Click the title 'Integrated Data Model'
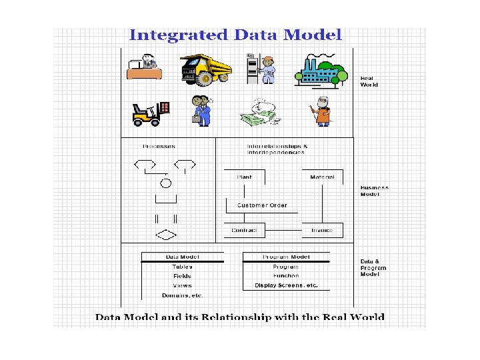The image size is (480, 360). click(235, 36)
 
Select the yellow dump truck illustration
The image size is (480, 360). click(205, 69)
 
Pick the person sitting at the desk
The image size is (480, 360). click(145, 67)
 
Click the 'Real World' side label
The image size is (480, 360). click(370, 82)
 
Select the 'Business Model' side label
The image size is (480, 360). click(374, 191)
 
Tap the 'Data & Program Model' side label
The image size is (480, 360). click(374, 267)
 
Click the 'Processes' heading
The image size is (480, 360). click(159, 146)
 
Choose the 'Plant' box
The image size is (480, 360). click(243, 177)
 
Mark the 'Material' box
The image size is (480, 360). click(322, 177)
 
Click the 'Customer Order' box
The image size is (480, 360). click(262, 205)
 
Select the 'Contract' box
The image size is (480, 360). click(245, 231)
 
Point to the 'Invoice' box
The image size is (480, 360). click(322, 231)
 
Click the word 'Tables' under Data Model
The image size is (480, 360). click(182, 266)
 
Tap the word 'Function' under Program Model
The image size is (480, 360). click(286, 275)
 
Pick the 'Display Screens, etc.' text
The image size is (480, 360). click(286, 285)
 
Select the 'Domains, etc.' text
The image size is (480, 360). click(182, 295)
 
